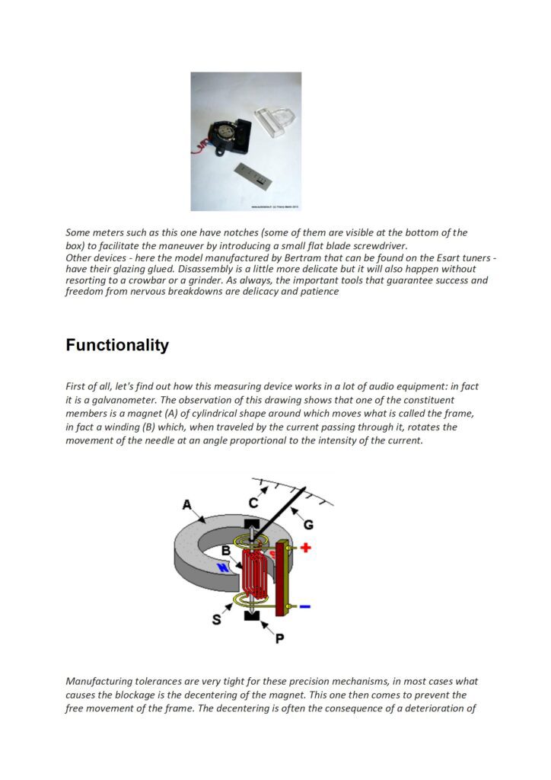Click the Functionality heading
(117, 345)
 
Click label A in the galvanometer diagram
(186, 504)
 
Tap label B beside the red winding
(226, 550)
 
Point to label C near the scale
(253, 503)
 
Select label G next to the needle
(308, 524)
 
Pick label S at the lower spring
(217, 620)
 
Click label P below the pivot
(280, 638)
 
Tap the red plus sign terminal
(305, 548)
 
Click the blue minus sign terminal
(305, 606)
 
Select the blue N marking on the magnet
(224, 567)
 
